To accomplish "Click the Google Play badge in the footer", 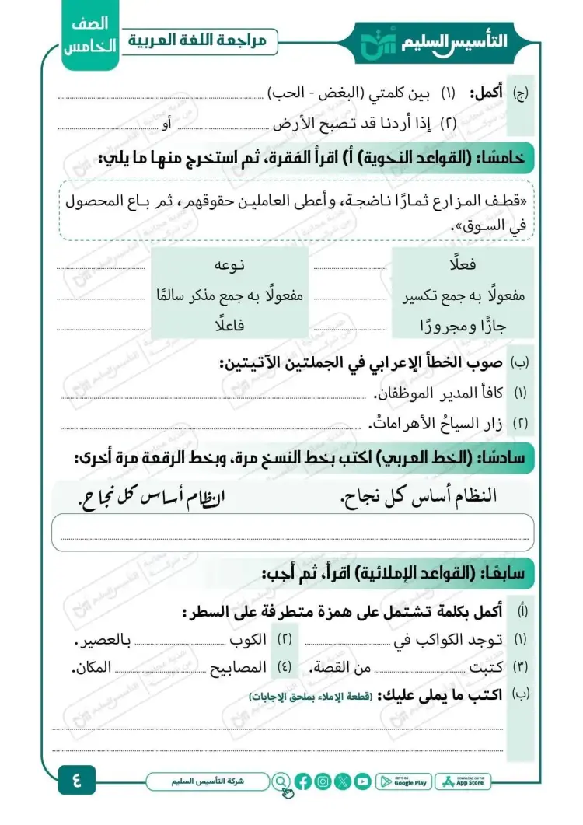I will pos(403,781).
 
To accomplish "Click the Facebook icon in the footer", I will pos(304,781).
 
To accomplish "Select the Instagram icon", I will pos(323,781).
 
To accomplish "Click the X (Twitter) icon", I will pos(343,781).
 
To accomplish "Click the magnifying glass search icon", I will pos(281,781).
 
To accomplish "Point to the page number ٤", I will pos(79,779).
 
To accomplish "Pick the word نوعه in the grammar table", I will pos(229,265).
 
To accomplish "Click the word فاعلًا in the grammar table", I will pos(231,326).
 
